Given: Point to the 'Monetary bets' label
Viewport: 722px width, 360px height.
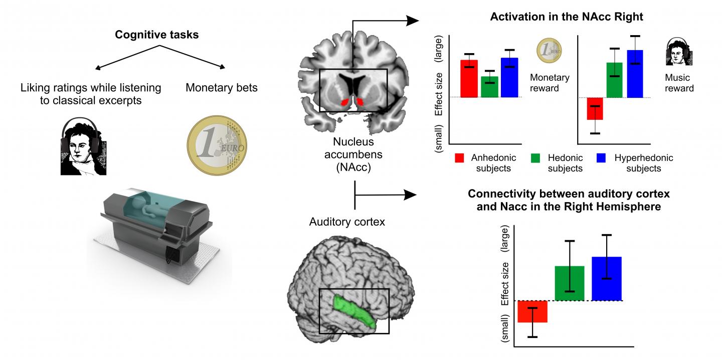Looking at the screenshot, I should (x=222, y=88).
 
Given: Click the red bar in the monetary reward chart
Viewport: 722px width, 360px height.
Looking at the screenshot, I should (x=469, y=78).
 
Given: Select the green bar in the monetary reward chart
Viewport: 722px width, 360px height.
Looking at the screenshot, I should (x=489, y=87).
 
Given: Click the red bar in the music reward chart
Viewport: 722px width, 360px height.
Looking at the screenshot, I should (x=595, y=108).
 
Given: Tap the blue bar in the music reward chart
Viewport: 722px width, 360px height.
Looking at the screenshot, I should (x=635, y=73).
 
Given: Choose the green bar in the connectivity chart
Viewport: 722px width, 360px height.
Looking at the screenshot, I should (x=569, y=283).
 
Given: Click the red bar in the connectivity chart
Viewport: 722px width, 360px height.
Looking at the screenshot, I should (x=532, y=311).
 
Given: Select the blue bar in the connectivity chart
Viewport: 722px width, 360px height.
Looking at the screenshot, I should (x=607, y=278).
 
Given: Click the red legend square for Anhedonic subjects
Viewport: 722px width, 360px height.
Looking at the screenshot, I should (x=458, y=158).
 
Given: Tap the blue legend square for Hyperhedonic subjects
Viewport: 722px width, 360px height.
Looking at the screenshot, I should (x=602, y=158).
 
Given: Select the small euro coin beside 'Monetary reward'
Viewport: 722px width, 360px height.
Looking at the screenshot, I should (x=549, y=51).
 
